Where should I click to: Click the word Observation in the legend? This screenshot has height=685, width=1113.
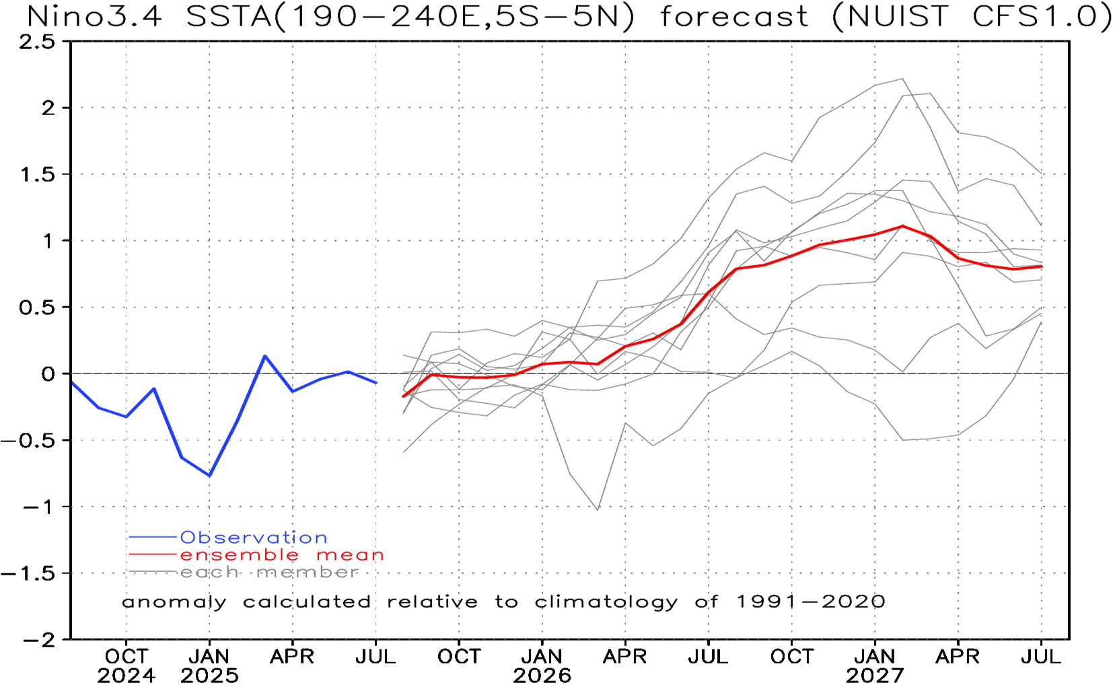(254, 538)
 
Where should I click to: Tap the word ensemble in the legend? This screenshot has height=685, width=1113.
(239, 555)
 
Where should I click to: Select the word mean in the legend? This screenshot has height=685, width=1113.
(350, 555)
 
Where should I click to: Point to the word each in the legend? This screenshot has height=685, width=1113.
(209, 572)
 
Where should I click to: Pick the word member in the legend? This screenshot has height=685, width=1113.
(307, 572)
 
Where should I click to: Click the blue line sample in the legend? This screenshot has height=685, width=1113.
(153, 537)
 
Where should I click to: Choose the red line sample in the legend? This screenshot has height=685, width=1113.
(153, 554)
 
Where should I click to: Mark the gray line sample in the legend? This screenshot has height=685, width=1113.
(153, 572)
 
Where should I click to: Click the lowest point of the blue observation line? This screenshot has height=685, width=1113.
(210, 476)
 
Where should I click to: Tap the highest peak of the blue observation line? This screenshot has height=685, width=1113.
(265, 355)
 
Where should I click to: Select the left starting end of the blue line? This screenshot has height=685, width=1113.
(72, 382)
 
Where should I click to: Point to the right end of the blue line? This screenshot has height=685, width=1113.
(376, 383)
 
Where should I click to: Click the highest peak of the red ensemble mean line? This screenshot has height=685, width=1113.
(902, 225)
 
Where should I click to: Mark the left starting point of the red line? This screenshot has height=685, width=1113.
(402, 396)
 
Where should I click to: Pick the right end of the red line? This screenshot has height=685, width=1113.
(1042, 266)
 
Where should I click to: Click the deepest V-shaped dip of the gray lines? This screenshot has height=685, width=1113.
(598, 509)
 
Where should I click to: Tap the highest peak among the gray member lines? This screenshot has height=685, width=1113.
(902, 79)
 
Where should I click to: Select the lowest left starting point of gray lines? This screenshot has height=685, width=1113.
(403, 452)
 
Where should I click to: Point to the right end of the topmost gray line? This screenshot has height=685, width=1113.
(1042, 174)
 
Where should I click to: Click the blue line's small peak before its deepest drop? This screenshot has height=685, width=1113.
(154, 388)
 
